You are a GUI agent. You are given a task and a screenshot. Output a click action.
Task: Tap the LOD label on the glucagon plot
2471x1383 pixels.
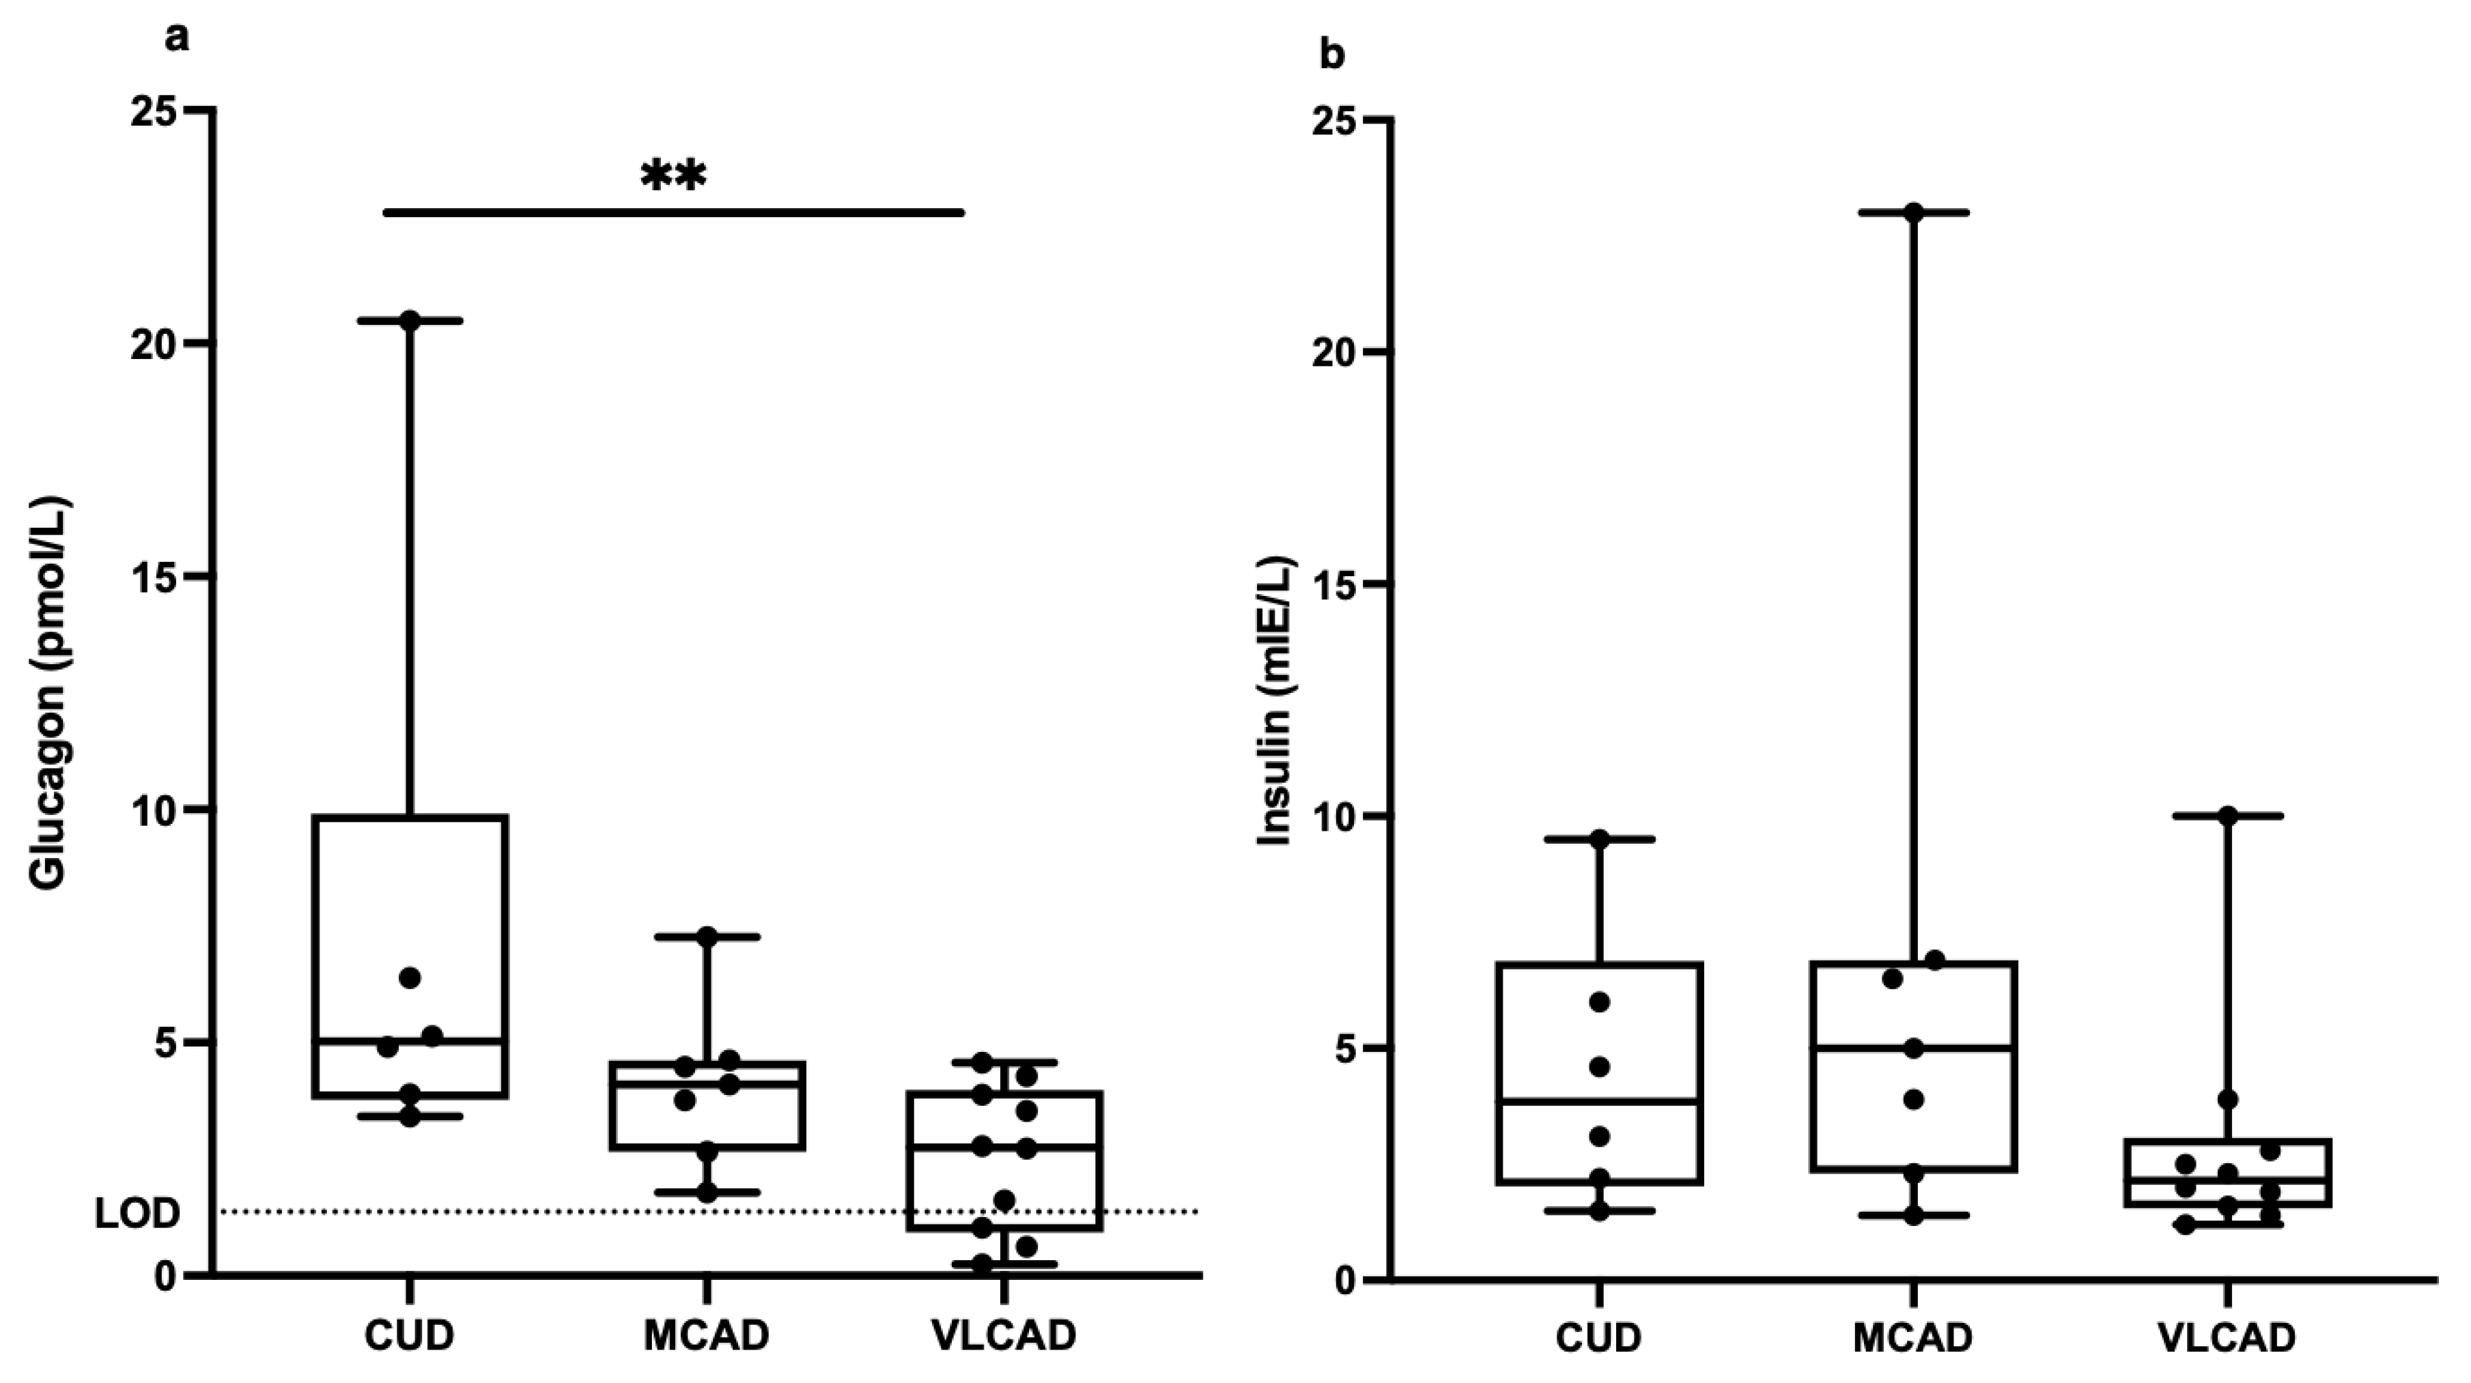click(x=137, y=1214)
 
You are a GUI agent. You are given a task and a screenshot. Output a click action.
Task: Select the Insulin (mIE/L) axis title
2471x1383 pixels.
click(x=1276, y=701)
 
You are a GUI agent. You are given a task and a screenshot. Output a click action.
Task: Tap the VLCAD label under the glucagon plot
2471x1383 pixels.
click(x=1004, y=1335)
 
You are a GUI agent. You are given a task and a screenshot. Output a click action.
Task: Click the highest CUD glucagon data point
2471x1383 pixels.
click(x=410, y=320)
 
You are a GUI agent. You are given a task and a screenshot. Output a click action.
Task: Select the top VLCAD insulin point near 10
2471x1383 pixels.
click(x=2227, y=816)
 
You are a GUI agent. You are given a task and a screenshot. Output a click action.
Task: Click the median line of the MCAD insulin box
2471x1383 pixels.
click(x=1914, y=1049)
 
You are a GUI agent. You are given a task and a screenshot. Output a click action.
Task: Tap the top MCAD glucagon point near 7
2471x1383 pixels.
click(x=707, y=936)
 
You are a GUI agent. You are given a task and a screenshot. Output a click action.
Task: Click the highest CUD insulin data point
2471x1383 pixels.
click(x=1599, y=839)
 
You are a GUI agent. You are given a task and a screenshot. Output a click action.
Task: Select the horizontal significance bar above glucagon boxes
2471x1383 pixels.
click(x=673, y=212)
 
